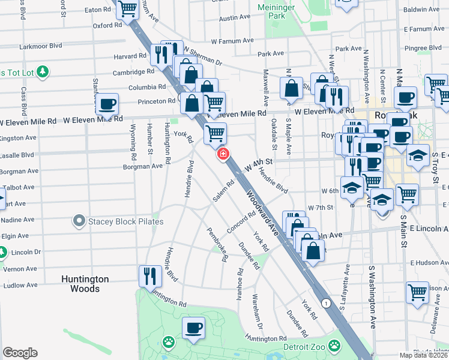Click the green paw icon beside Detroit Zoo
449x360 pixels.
point(334,346)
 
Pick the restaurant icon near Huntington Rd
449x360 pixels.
point(149,276)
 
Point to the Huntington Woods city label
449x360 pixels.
point(85,284)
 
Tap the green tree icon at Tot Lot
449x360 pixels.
point(42,73)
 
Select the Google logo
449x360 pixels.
point(20,353)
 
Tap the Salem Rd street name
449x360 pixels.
point(221,191)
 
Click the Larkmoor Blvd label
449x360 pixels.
point(41,46)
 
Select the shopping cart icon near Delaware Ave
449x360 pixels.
point(417,293)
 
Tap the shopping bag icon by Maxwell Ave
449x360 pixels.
point(291,88)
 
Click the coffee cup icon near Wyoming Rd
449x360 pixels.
point(107,104)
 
